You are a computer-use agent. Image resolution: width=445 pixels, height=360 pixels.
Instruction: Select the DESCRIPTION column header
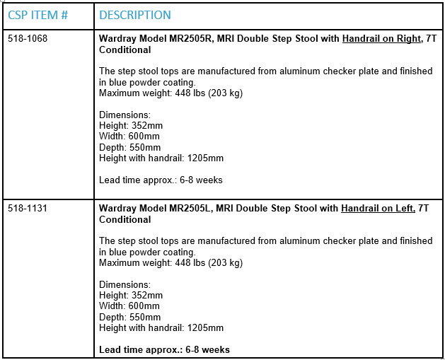click(x=134, y=15)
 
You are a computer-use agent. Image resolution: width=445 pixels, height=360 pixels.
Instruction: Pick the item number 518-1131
click(x=28, y=209)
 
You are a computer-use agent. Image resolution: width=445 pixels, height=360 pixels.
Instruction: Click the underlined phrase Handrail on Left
click(x=378, y=209)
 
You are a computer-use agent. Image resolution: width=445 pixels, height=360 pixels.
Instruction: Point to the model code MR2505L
click(x=191, y=209)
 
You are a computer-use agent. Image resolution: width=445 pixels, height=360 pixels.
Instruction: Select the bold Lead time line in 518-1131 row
click(x=164, y=349)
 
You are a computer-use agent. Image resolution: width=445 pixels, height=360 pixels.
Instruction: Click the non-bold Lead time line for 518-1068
click(x=161, y=180)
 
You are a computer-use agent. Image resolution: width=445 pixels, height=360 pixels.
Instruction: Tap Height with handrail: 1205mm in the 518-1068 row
click(x=161, y=158)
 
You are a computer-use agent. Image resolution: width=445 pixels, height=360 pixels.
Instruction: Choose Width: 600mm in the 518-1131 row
click(x=129, y=306)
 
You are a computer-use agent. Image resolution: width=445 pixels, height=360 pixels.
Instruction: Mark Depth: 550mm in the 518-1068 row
click(x=129, y=147)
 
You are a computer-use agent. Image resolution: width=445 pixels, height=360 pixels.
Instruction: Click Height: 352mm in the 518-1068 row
click(x=131, y=126)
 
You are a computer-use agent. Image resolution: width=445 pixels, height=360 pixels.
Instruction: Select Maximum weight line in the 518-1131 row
click(x=171, y=263)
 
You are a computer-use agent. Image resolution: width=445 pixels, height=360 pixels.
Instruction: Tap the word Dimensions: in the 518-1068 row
click(x=125, y=115)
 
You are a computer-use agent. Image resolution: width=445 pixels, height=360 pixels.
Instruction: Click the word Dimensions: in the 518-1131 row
click(x=125, y=284)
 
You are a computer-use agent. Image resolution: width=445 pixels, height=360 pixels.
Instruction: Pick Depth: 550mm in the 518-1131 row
click(x=129, y=317)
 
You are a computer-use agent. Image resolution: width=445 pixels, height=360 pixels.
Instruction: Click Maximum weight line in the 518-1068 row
click(x=171, y=93)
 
